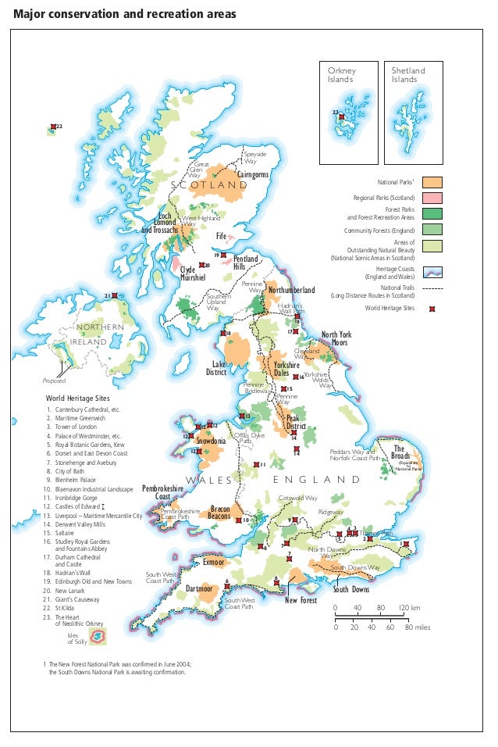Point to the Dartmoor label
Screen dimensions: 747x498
point(199,588)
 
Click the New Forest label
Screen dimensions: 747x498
point(301,601)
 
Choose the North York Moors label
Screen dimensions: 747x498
point(337,339)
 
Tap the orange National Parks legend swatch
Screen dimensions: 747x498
point(432,182)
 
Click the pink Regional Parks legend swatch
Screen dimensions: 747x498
point(432,198)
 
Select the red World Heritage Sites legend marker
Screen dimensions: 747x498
point(432,309)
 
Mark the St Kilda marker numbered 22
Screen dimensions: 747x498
point(53,127)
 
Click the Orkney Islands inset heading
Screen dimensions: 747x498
point(340,75)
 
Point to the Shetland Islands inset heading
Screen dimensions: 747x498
point(408,75)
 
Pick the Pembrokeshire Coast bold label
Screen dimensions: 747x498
point(162,492)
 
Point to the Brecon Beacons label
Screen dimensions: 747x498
point(220,513)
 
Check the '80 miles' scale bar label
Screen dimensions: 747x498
point(418,627)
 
